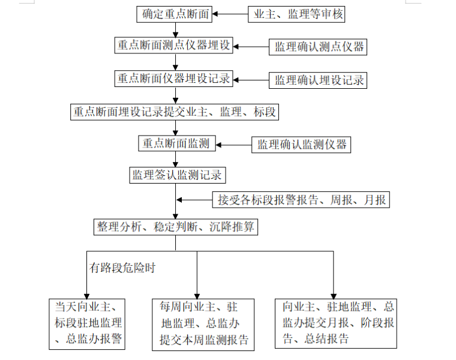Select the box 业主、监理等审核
click(296, 14)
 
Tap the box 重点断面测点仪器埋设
click(174, 46)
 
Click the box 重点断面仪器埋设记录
click(174, 79)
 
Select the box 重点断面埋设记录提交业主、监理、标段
click(175, 112)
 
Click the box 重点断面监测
click(176, 143)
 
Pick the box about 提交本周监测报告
click(203, 324)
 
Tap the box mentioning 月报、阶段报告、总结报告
click(335, 323)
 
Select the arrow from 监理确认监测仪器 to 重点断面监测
click(234, 144)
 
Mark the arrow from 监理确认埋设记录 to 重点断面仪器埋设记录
click(251, 79)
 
